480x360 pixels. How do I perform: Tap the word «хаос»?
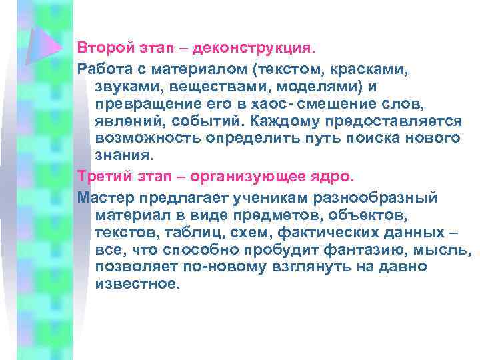click(273, 105)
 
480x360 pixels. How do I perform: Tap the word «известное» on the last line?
click(137, 285)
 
